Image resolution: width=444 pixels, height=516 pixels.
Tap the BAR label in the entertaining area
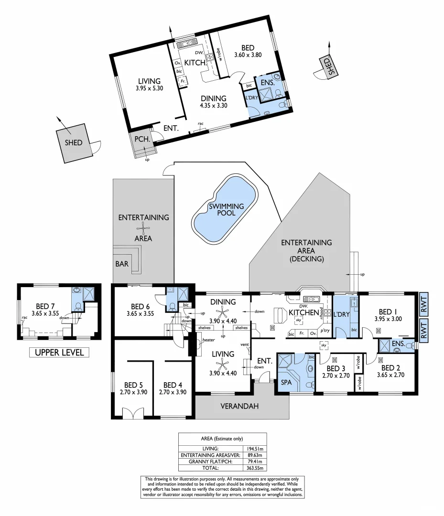(122, 263)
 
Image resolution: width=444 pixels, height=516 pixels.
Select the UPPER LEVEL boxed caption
(59, 353)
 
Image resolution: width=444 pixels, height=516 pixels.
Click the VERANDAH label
(242, 407)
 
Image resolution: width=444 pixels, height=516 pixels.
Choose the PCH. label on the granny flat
(142, 140)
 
